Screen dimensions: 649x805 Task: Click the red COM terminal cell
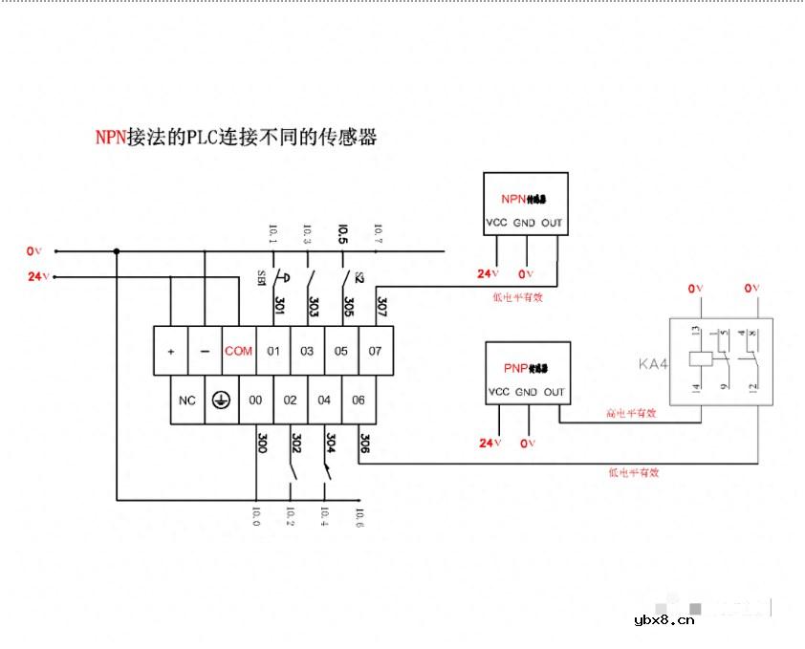tap(238, 351)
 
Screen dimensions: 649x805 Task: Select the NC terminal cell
tap(187, 400)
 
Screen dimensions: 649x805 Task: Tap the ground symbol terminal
tap(221, 400)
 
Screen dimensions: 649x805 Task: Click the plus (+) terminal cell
tap(170, 351)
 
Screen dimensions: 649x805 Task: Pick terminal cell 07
tap(375, 351)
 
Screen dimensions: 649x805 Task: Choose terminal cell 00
tap(255, 400)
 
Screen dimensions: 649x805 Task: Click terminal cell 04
tap(324, 400)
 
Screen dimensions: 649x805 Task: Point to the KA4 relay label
tap(650, 363)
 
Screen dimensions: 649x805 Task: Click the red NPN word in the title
tap(110, 137)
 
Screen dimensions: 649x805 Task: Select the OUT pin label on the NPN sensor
tap(552, 224)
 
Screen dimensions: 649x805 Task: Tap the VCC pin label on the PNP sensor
tap(498, 392)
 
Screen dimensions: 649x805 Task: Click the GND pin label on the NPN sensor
tap(524, 224)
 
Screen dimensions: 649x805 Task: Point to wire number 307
tap(381, 307)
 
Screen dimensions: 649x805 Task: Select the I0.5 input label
tap(342, 231)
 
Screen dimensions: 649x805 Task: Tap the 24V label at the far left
tap(37, 277)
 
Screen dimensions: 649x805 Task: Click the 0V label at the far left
tap(35, 251)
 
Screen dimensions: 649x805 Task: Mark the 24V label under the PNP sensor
tap(489, 443)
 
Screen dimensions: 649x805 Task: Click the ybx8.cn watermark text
tap(664, 619)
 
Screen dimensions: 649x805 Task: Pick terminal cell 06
tap(359, 400)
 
